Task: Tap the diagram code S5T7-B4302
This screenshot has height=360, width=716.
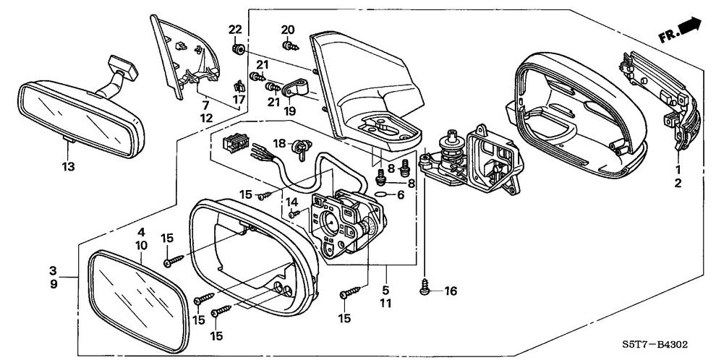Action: tap(655, 345)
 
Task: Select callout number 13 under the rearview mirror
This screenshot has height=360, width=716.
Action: tap(68, 167)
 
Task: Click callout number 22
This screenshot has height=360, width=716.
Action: tap(235, 30)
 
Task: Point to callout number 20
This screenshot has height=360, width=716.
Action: tap(288, 30)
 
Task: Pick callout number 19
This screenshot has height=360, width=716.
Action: tap(289, 111)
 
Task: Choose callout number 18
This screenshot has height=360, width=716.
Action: tap(279, 143)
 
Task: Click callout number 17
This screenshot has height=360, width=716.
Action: tap(239, 100)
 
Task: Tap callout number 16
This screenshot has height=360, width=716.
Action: tap(451, 291)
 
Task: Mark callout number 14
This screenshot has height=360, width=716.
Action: tap(291, 202)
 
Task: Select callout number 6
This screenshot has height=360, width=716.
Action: tap(401, 195)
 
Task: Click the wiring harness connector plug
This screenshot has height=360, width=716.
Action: tap(232, 144)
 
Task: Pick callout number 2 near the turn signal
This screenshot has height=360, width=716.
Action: tap(678, 184)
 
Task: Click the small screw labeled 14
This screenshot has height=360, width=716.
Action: tap(294, 213)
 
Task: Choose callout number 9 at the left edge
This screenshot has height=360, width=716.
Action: tap(54, 284)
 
